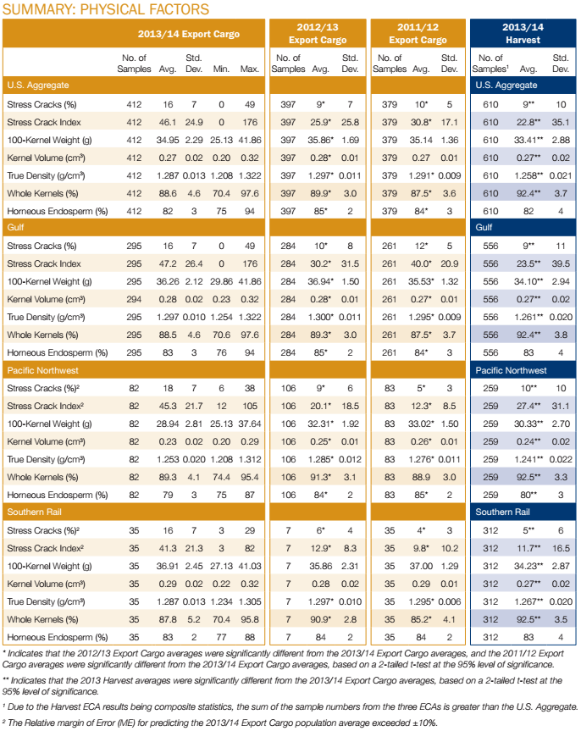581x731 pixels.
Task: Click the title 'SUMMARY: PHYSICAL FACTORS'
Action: (107, 9)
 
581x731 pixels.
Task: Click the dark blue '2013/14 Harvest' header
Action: (523, 34)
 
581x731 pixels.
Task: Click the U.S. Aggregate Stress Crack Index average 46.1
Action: (166, 123)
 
